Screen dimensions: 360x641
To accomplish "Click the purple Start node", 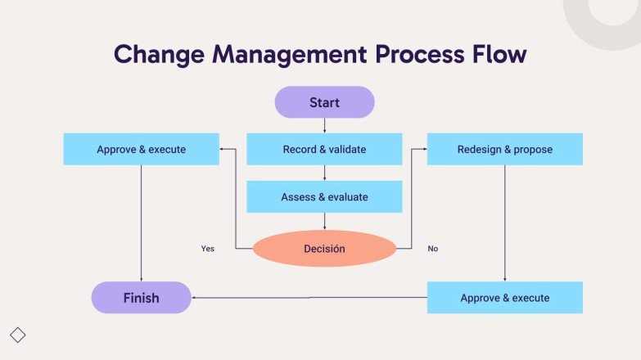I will tap(324, 102).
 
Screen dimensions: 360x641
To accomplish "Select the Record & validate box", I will tap(324, 150).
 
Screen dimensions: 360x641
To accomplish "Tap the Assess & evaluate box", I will tap(324, 197).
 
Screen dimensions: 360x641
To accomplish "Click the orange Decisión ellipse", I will tap(324, 249).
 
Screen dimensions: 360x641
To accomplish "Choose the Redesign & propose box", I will tap(504, 150).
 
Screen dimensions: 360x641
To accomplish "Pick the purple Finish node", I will tap(141, 298).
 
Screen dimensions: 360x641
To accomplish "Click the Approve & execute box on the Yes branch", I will tap(141, 150).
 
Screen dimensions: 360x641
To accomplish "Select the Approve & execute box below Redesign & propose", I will tap(504, 298).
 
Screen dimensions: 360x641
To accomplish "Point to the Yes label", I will tap(208, 249).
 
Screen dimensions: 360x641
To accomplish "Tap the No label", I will tap(433, 249).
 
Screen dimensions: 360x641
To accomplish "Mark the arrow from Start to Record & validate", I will tap(324, 126).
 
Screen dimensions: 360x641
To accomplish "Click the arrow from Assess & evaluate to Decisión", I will tap(324, 222).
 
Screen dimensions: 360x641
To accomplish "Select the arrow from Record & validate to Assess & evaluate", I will tap(324, 173).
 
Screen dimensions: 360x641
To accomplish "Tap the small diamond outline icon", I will tap(18, 335).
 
